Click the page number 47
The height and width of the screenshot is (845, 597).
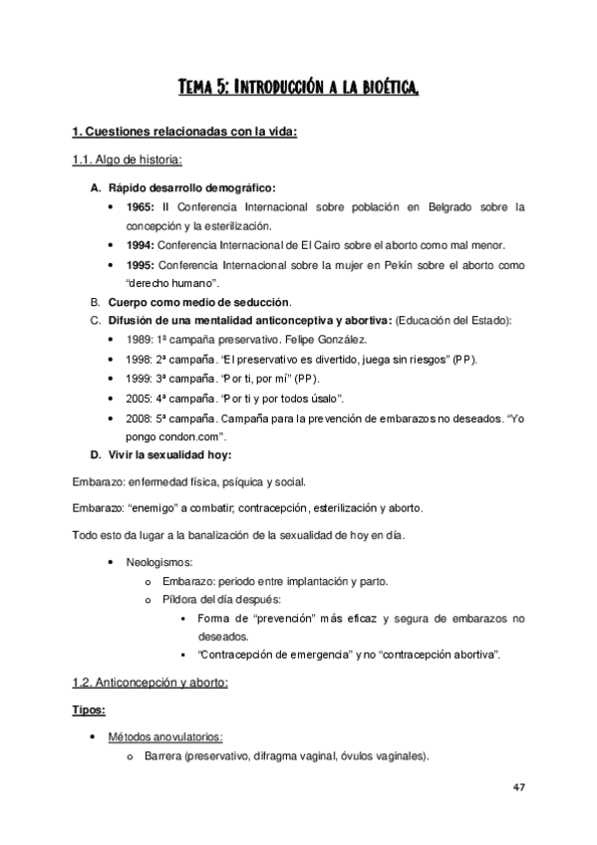pyautogui.click(x=518, y=787)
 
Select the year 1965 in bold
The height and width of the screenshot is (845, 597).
pyautogui.click(x=140, y=207)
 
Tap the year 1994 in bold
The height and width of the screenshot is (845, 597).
pyautogui.click(x=140, y=245)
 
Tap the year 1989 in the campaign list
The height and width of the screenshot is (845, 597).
pyautogui.click(x=141, y=340)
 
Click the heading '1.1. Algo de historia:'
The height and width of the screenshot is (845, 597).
pyautogui.click(x=128, y=159)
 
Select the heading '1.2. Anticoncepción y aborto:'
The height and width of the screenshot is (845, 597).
pyautogui.click(x=150, y=683)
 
